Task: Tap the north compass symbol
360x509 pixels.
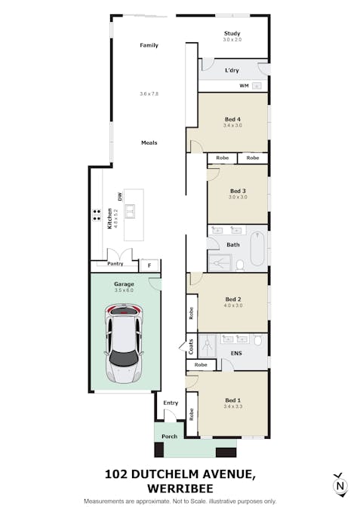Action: point(340,485)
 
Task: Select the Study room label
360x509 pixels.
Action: point(232,33)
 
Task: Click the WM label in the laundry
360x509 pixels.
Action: point(244,86)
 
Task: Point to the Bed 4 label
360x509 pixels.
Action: point(233,119)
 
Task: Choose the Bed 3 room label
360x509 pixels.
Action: point(238,191)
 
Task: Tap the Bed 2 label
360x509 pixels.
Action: point(233,299)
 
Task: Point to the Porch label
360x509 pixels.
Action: point(170,436)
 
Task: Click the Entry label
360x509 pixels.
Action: point(171,403)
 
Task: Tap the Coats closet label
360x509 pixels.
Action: point(191,347)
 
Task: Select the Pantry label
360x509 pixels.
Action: point(115,264)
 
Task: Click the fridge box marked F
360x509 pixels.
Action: point(149,265)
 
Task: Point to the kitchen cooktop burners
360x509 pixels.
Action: point(97,213)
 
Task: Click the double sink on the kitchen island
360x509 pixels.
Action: point(130,210)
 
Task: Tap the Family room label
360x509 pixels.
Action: point(149,45)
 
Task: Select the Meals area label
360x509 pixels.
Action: point(149,143)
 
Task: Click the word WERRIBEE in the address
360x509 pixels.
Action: point(180,488)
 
